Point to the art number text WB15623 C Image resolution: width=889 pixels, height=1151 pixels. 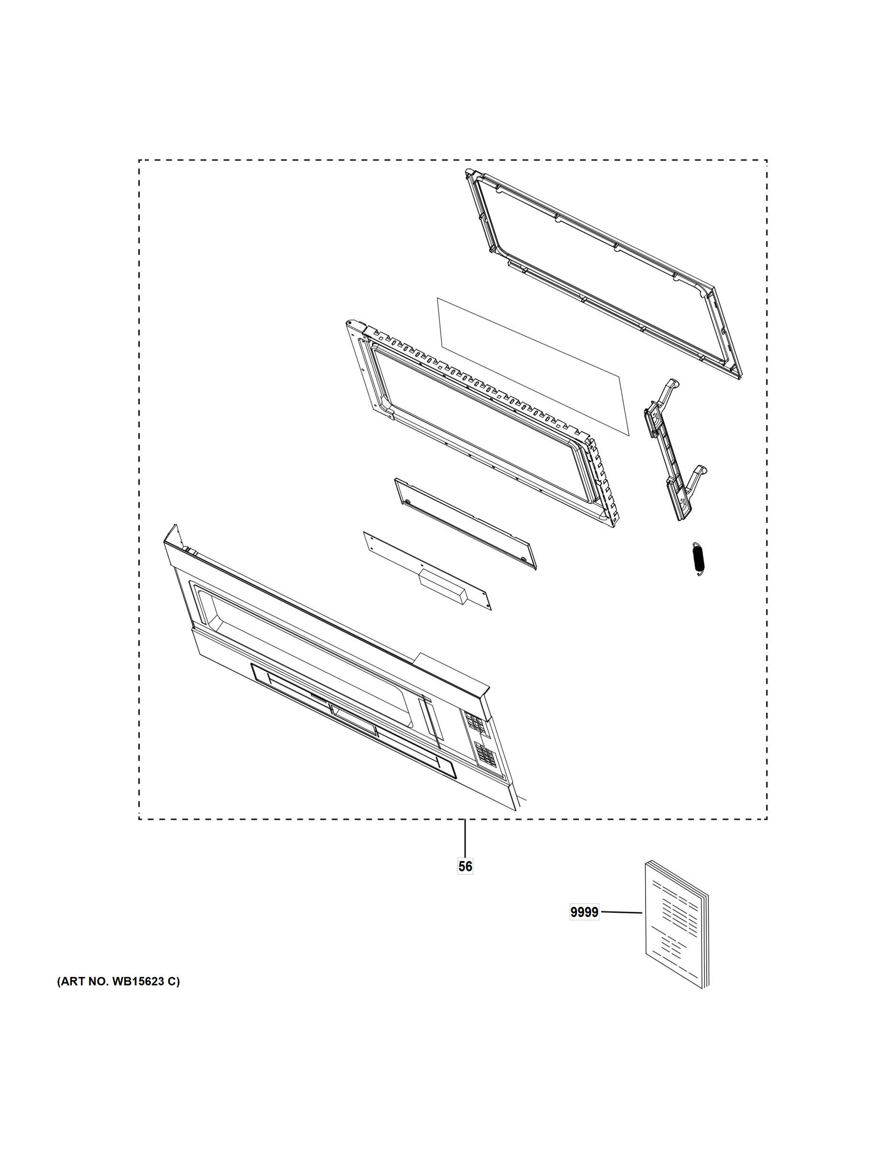coord(118,982)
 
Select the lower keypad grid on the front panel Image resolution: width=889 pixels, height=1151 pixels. coord(485,753)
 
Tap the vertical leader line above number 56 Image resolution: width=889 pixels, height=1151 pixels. coord(465,838)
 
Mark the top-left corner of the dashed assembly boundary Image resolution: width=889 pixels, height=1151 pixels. coord(139,160)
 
